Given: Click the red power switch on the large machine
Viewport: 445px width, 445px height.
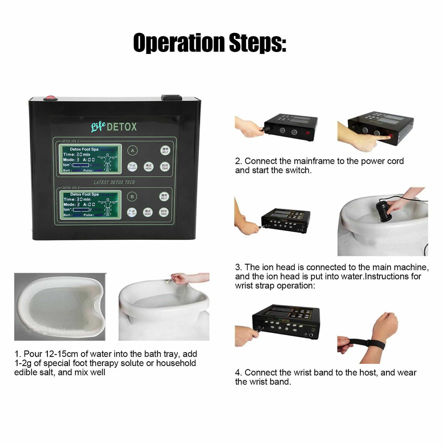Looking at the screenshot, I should pos(50,98).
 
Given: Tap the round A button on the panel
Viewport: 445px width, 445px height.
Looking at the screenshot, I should pos(133,150).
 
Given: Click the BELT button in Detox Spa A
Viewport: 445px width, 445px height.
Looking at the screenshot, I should pos(165,150).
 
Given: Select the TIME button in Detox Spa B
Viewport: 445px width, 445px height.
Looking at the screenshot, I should pos(164,212).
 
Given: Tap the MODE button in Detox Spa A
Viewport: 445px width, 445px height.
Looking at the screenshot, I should pos(149,167).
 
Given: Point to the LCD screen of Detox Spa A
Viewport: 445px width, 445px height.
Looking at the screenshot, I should pos(90,158).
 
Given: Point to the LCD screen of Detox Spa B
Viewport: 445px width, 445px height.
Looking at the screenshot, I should pos(90,204).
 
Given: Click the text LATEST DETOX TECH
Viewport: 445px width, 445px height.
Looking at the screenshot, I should pos(114,182).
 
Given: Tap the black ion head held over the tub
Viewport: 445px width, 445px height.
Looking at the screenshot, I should pos(383,211).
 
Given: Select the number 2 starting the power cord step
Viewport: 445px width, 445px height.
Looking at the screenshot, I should pos(238,161).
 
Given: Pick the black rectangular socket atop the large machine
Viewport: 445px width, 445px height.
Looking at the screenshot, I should pos(172,98).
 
